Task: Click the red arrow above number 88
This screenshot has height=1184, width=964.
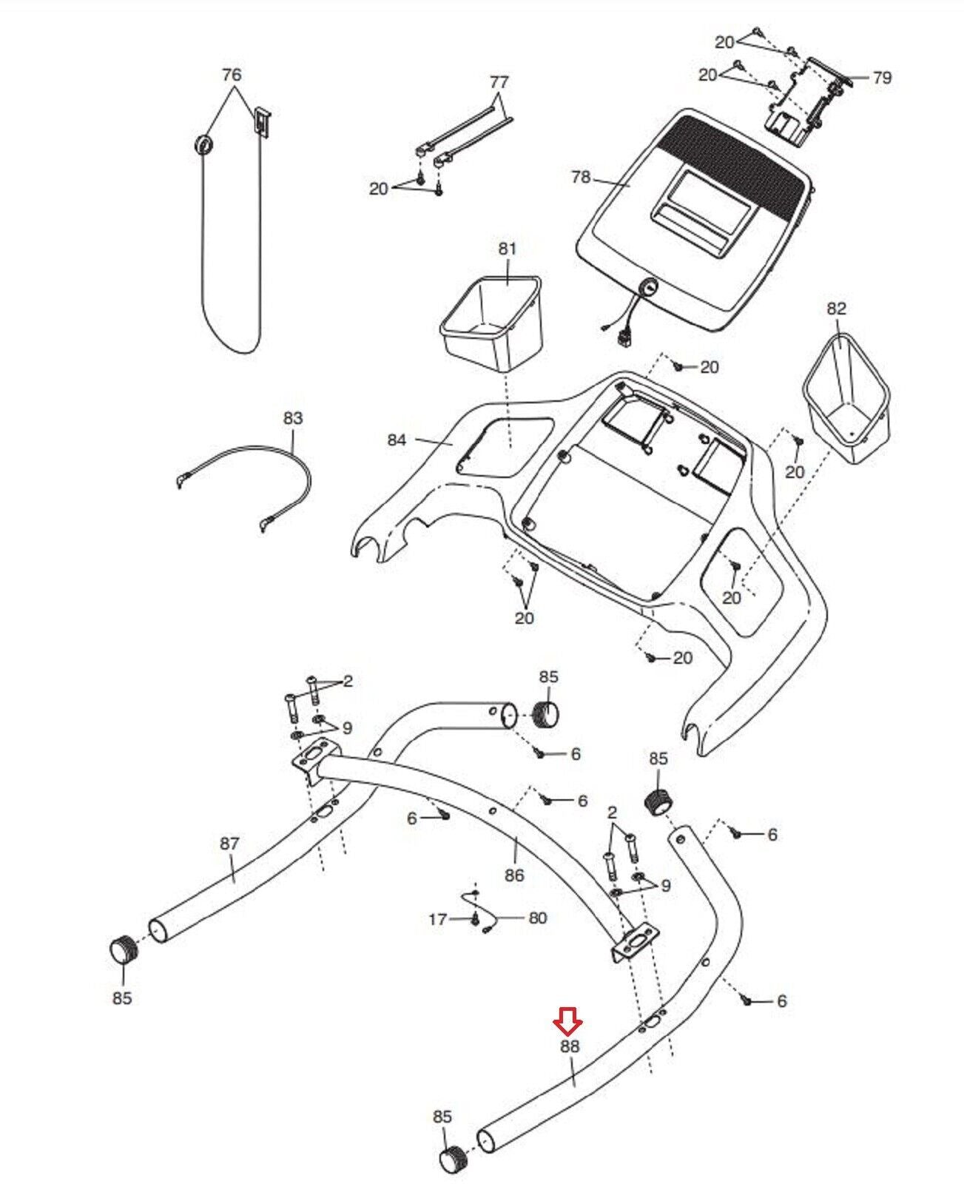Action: click(569, 1025)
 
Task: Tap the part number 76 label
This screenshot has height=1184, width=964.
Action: click(232, 75)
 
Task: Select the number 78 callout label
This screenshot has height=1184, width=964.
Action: click(582, 177)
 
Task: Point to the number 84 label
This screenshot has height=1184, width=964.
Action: click(397, 440)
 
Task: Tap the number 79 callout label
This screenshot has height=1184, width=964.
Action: click(882, 78)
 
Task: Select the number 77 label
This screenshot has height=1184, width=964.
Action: click(499, 81)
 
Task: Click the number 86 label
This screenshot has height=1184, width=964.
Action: click(513, 875)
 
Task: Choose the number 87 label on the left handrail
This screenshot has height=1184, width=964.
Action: click(230, 844)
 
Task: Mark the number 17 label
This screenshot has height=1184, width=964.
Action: click(438, 919)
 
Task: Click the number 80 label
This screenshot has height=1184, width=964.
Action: click(537, 918)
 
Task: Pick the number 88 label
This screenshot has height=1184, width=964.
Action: click(569, 1047)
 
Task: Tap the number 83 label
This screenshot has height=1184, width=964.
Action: click(293, 419)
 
